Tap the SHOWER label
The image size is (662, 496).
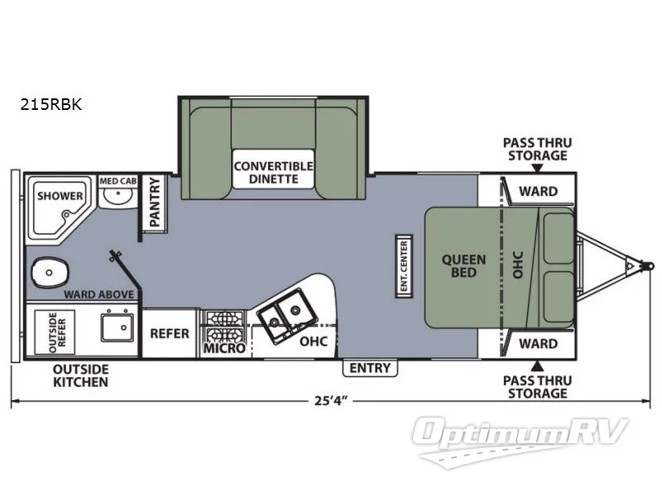(60, 196)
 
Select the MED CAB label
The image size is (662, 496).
(118, 180)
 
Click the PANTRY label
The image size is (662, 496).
(155, 202)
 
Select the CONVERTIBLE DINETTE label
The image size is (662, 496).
(273, 172)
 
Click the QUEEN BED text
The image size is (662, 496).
(463, 265)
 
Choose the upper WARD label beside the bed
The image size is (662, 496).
(538, 191)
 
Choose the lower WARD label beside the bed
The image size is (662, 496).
(538, 342)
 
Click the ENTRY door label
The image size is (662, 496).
(370, 368)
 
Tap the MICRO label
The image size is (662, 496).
(223, 349)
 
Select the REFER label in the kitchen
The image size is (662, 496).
(169, 334)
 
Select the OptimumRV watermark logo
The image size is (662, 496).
(522, 434)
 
